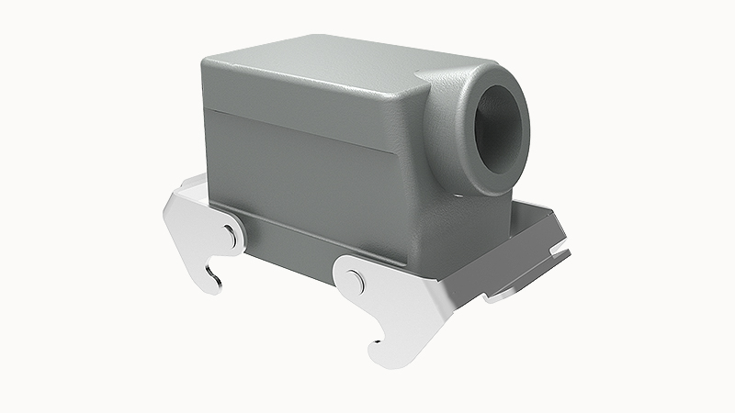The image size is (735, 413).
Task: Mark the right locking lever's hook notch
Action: [x=379, y=347]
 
